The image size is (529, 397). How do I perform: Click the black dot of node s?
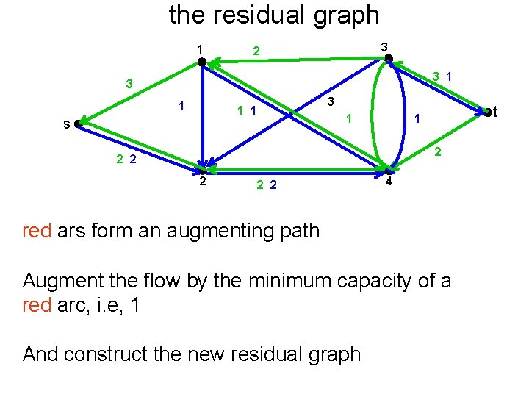pyautogui.click(x=78, y=125)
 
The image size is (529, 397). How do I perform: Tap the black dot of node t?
pyautogui.click(x=486, y=112)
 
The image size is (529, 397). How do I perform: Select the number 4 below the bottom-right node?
pyautogui.click(x=389, y=182)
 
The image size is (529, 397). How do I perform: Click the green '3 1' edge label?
pyautogui.click(x=442, y=76)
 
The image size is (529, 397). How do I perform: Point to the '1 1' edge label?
pyautogui.click(x=245, y=112)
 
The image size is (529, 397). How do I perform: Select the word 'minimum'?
pyautogui.click(x=284, y=280)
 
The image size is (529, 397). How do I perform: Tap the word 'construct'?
pyautogui.click(x=117, y=354)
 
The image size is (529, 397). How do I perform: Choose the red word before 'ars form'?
pyautogui.click(x=37, y=231)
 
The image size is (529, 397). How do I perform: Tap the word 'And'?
pyautogui.click(x=40, y=354)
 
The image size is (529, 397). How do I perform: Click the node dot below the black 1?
pyautogui.click(x=202, y=62)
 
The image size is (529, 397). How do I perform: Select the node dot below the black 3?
pyautogui.click(x=389, y=58)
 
